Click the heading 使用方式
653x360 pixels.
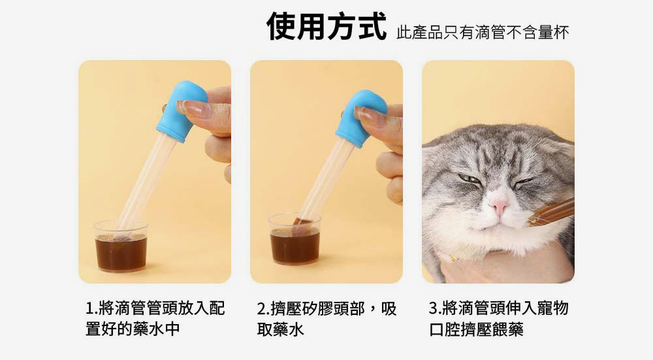point(326,27)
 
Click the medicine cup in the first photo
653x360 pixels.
point(121,247)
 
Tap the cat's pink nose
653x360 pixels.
point(500,207)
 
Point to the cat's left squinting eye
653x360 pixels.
point(470,178)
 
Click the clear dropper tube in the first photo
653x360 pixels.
point(147,182)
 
